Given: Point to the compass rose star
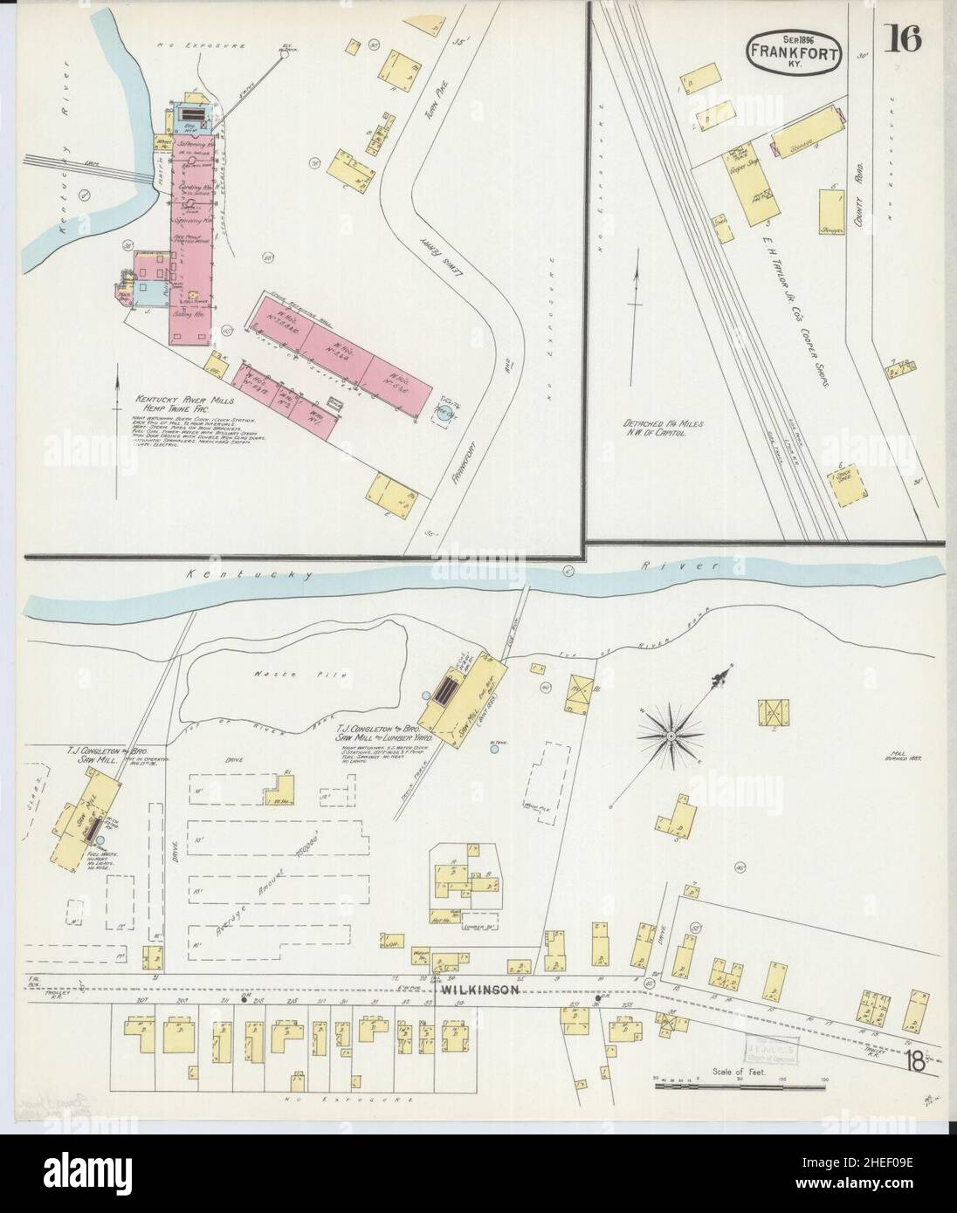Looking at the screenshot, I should pyautogui.click(x=670, y=737).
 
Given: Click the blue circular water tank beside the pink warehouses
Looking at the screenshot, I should pyautogui.click(x=446, y=415).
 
